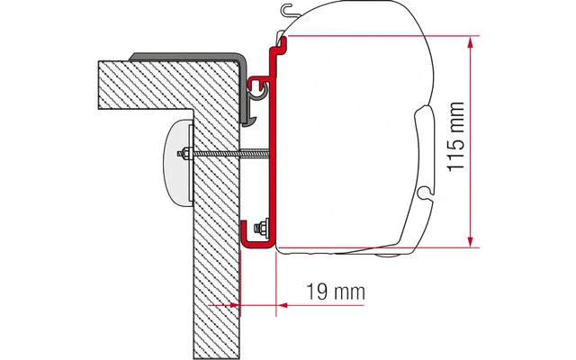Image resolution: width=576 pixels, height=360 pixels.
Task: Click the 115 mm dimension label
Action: point(456,136)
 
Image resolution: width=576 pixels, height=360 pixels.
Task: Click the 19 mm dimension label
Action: point(336,292)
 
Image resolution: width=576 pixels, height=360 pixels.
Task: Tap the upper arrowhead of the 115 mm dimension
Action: point(470,42)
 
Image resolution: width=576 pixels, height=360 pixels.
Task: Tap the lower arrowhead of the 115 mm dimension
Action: point(470,241)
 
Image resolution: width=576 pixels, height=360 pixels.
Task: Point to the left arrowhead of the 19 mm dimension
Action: point(234,304)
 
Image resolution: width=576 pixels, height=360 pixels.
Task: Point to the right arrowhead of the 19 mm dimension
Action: point(282,304)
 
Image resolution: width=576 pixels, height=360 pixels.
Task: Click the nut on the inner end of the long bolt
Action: point(184,153)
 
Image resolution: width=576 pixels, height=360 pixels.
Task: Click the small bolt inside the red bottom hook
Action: point(262,228)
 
